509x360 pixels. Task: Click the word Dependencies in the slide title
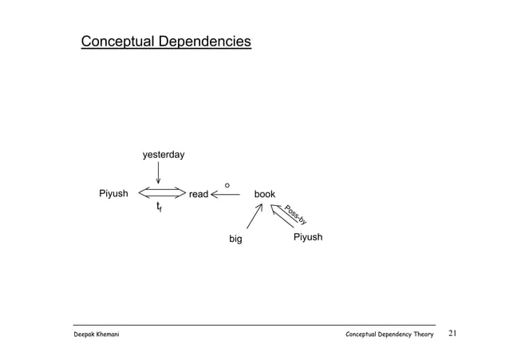(204, 42)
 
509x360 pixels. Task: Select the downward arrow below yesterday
(158, 172)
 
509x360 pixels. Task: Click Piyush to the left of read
(113, 193)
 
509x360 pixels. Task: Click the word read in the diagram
(198, 194)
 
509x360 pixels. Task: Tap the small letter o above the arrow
(227, 186)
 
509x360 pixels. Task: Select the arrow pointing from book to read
(227, 194)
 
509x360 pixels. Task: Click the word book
(264, 194)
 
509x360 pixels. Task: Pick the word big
(235, 239)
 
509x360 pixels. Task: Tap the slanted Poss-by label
(295, 216)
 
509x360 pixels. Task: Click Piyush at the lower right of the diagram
(308, 238)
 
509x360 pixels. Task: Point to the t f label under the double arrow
(160, 208)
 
